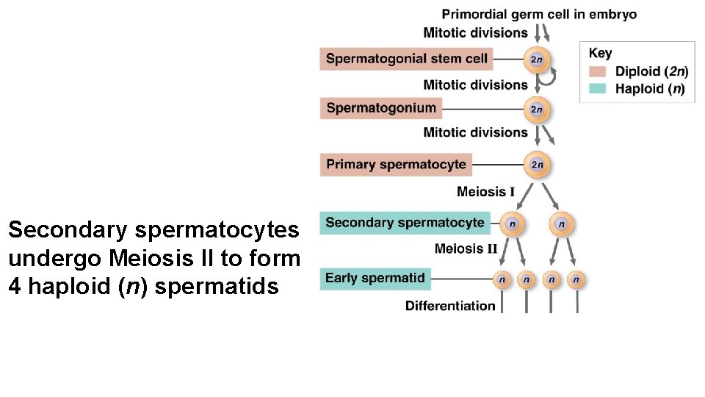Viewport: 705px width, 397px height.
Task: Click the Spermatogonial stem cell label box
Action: tap(405, 59)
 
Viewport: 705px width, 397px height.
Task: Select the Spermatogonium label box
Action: tap(381, 108)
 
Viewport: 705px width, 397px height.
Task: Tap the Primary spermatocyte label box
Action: tap(396, 165)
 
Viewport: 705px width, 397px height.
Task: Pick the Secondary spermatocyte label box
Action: tap(405, 223)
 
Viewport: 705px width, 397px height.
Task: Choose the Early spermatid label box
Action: tap(375, 278)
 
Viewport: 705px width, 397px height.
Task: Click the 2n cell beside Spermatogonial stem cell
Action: tap(537, 60)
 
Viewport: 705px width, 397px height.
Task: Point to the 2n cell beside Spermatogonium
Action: tap(537, 110)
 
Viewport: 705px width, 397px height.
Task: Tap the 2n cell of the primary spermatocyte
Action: tap(537, 165)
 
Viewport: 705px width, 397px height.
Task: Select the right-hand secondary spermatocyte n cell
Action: tap(562, 223)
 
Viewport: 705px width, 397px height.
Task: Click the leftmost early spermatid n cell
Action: tap(502, 279)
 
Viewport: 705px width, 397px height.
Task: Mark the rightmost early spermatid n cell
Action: tap(576, 279)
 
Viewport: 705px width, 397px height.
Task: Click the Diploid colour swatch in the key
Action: tap(598, 71)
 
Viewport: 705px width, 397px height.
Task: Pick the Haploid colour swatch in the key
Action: tap(598, 89)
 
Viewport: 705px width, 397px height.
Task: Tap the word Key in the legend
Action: tap(600, 53)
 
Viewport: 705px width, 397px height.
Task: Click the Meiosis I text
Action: tap(485, 192)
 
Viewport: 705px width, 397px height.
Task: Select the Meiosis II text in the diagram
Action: tap(466, 248)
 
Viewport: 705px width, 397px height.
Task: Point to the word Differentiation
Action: tap(450, 306)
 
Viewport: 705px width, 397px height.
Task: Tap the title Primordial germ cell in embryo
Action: tap(539, 14)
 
